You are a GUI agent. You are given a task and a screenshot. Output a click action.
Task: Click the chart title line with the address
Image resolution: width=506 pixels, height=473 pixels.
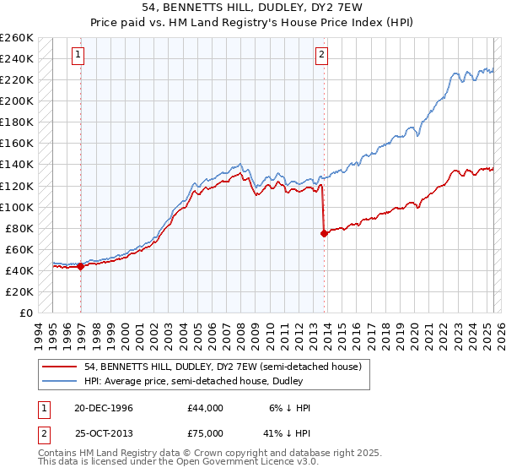point(253,8)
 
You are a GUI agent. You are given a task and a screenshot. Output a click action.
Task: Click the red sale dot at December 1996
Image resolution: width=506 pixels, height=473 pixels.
point(81,266)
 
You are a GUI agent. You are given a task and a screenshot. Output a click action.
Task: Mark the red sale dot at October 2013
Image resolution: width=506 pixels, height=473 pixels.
point(324,234)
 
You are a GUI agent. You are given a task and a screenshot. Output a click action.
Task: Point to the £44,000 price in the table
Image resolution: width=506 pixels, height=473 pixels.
point(206,407)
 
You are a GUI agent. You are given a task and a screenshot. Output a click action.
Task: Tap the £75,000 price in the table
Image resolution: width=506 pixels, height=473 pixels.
point(206,432)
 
